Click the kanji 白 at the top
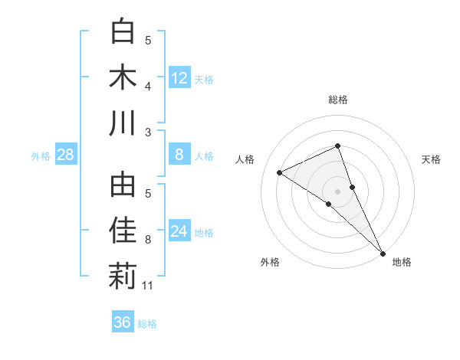123,32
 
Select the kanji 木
123,77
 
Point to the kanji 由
123,185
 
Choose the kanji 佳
123,231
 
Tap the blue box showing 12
179,77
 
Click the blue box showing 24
179,231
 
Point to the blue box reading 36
123,322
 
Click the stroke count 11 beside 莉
149,286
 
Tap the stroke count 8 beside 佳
148,241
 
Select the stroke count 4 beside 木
148,86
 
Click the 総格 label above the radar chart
337,100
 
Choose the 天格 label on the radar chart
431,159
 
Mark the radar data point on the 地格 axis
383,252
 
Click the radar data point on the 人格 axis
280,172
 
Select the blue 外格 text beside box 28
41,156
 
